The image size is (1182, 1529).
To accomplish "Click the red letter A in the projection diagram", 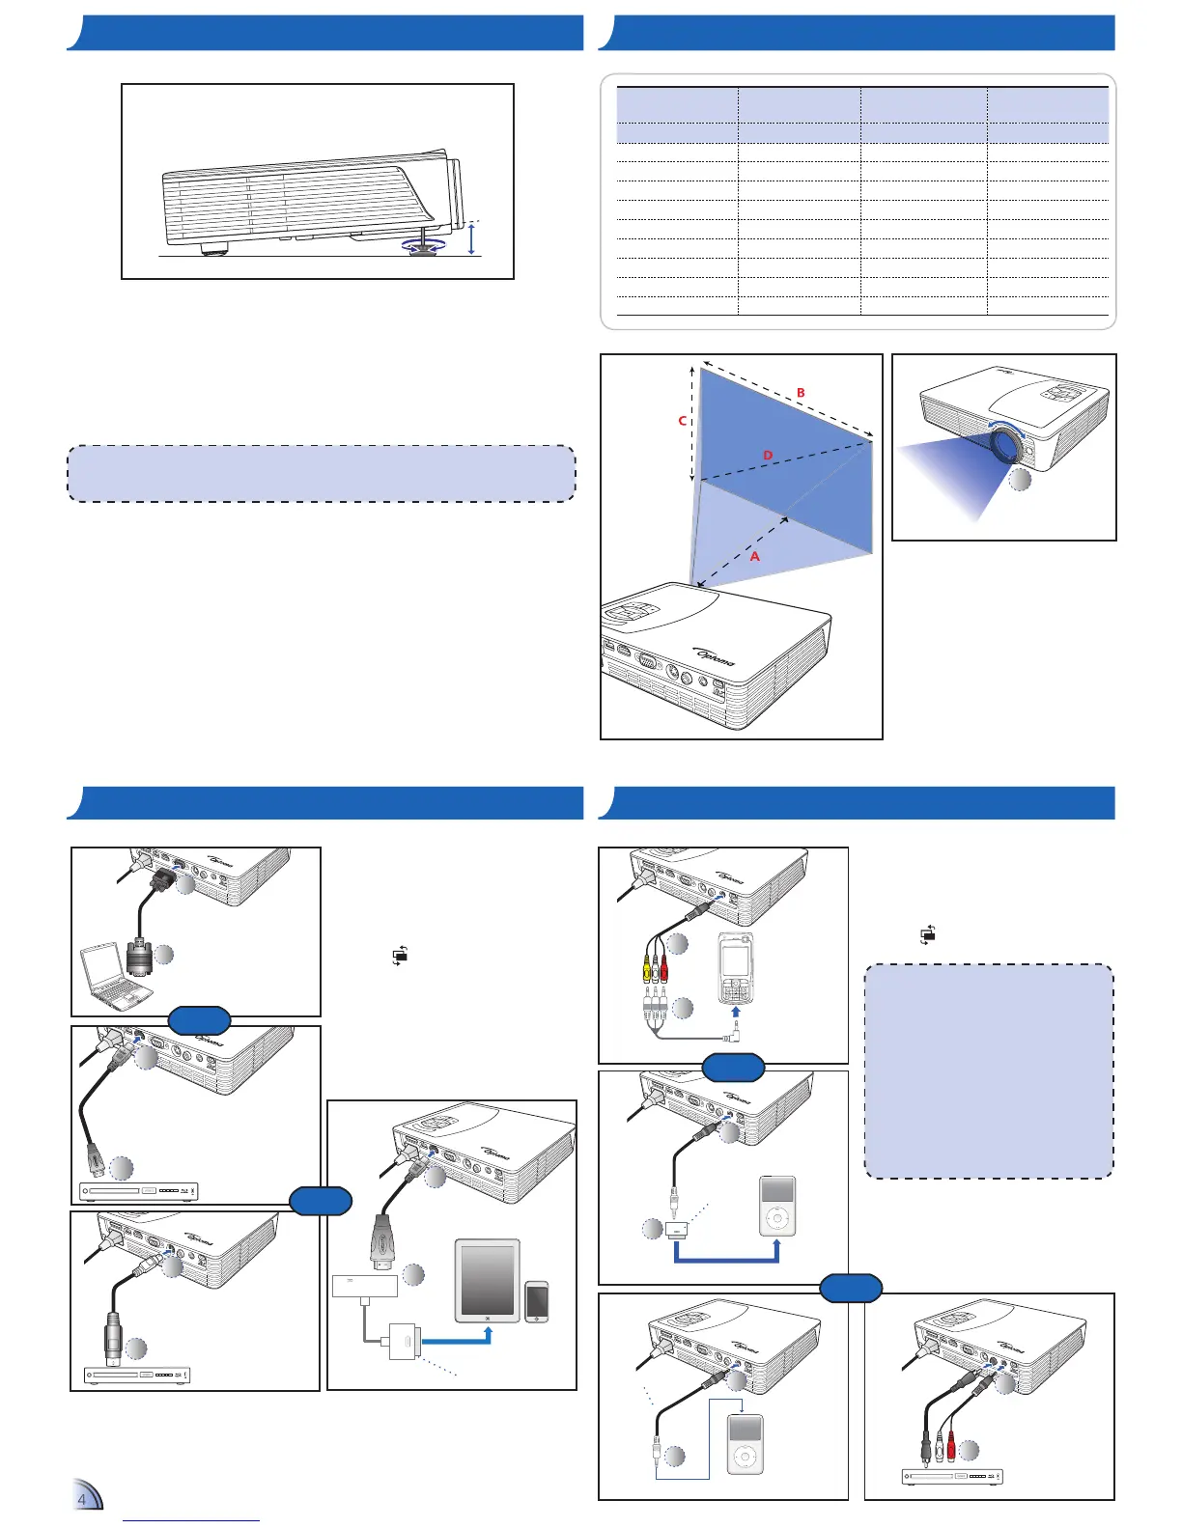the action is [755, 557].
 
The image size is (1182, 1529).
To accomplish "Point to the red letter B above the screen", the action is [801, 393].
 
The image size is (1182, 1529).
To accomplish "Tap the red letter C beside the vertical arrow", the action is [682, 421].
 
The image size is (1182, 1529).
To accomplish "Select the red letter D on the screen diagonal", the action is [768, 455].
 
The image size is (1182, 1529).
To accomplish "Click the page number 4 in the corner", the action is [82, 1499].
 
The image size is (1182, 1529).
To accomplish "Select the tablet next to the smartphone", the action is [488, 1281].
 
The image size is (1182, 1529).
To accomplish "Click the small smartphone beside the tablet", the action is [536, 1301].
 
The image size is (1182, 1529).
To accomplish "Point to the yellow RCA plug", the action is [648, 962].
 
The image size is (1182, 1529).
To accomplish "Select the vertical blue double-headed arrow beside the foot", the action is [470, 237].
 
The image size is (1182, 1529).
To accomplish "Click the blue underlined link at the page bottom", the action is [191, 1520].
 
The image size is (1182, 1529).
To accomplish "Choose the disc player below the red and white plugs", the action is [952, 1476].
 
